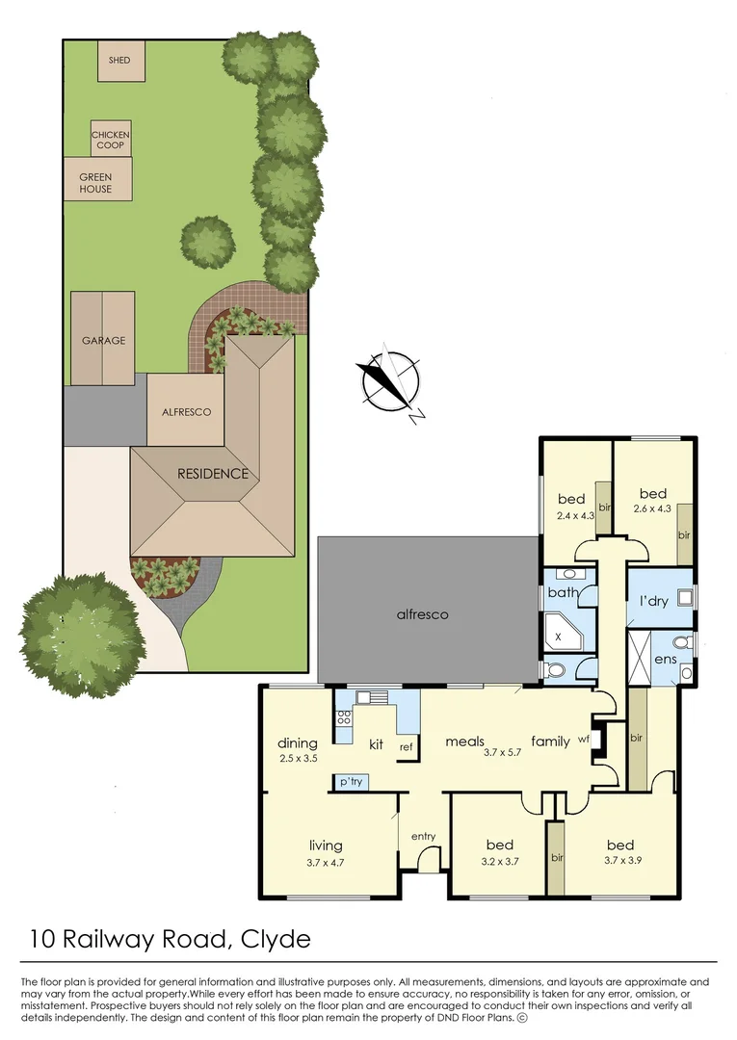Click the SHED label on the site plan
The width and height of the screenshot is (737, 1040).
click(119, 61)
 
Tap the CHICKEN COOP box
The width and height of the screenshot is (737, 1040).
click(110, 140)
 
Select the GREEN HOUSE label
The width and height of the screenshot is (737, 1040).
click(95, 183)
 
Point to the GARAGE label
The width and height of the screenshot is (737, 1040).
click(103, 340)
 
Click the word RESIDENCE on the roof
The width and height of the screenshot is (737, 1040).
click(212, 474)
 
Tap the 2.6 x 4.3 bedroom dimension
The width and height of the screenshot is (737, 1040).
click(651, 508)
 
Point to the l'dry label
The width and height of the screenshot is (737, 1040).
click(654, 601)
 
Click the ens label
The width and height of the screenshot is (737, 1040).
click(665, 660)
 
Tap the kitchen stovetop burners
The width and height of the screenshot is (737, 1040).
click(344, 716)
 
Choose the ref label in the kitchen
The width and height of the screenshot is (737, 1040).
click(406, 746)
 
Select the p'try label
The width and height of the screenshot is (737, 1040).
click(351, 782)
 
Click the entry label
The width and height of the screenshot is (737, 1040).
click(424, 835)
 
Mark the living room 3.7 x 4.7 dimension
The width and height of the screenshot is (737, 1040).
click(326, 863)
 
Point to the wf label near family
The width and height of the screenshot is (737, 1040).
click(584, 741)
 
